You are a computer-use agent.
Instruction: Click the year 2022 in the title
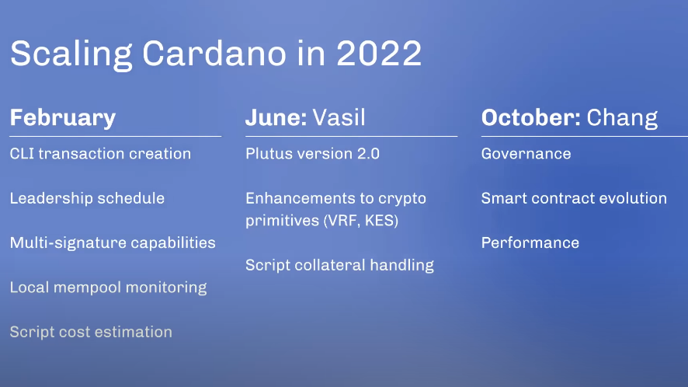tap(379, 54)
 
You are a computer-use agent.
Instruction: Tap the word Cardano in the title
tap(214, 54)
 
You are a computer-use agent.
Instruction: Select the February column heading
tap(63, 117)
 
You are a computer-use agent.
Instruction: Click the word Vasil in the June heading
tap(339, 117)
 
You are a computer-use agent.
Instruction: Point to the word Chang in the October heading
tap(622, 118)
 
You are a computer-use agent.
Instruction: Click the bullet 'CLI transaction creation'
tap(100, 154)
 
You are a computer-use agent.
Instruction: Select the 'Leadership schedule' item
tap(87, 198)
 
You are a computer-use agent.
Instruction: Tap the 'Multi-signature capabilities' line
tap(113, 243)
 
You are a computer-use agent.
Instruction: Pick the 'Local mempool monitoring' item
tap(109, 288)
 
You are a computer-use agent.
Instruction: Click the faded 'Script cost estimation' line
tap(92, 332)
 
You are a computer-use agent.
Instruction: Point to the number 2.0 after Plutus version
tap(369, 154)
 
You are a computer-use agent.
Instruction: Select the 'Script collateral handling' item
tap(339, 265)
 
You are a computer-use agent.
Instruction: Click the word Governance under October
tap(526, 154)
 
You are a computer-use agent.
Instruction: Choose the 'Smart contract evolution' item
tap(574, 198)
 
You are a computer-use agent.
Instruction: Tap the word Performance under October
tap(530, 243)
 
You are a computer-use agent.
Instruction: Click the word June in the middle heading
tap(276, 117)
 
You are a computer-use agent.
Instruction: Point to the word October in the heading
tap(531, 117)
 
